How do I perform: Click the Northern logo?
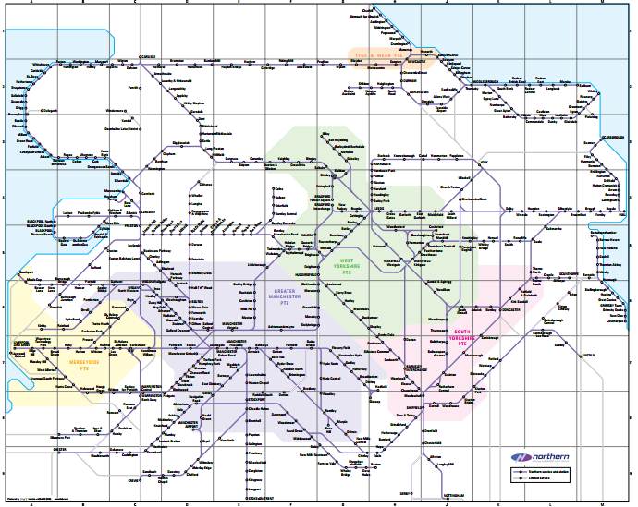click(541, 457)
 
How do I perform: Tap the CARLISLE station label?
click(147, 56)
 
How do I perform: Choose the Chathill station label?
click(368, 10)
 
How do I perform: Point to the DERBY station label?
click(405, 493)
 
